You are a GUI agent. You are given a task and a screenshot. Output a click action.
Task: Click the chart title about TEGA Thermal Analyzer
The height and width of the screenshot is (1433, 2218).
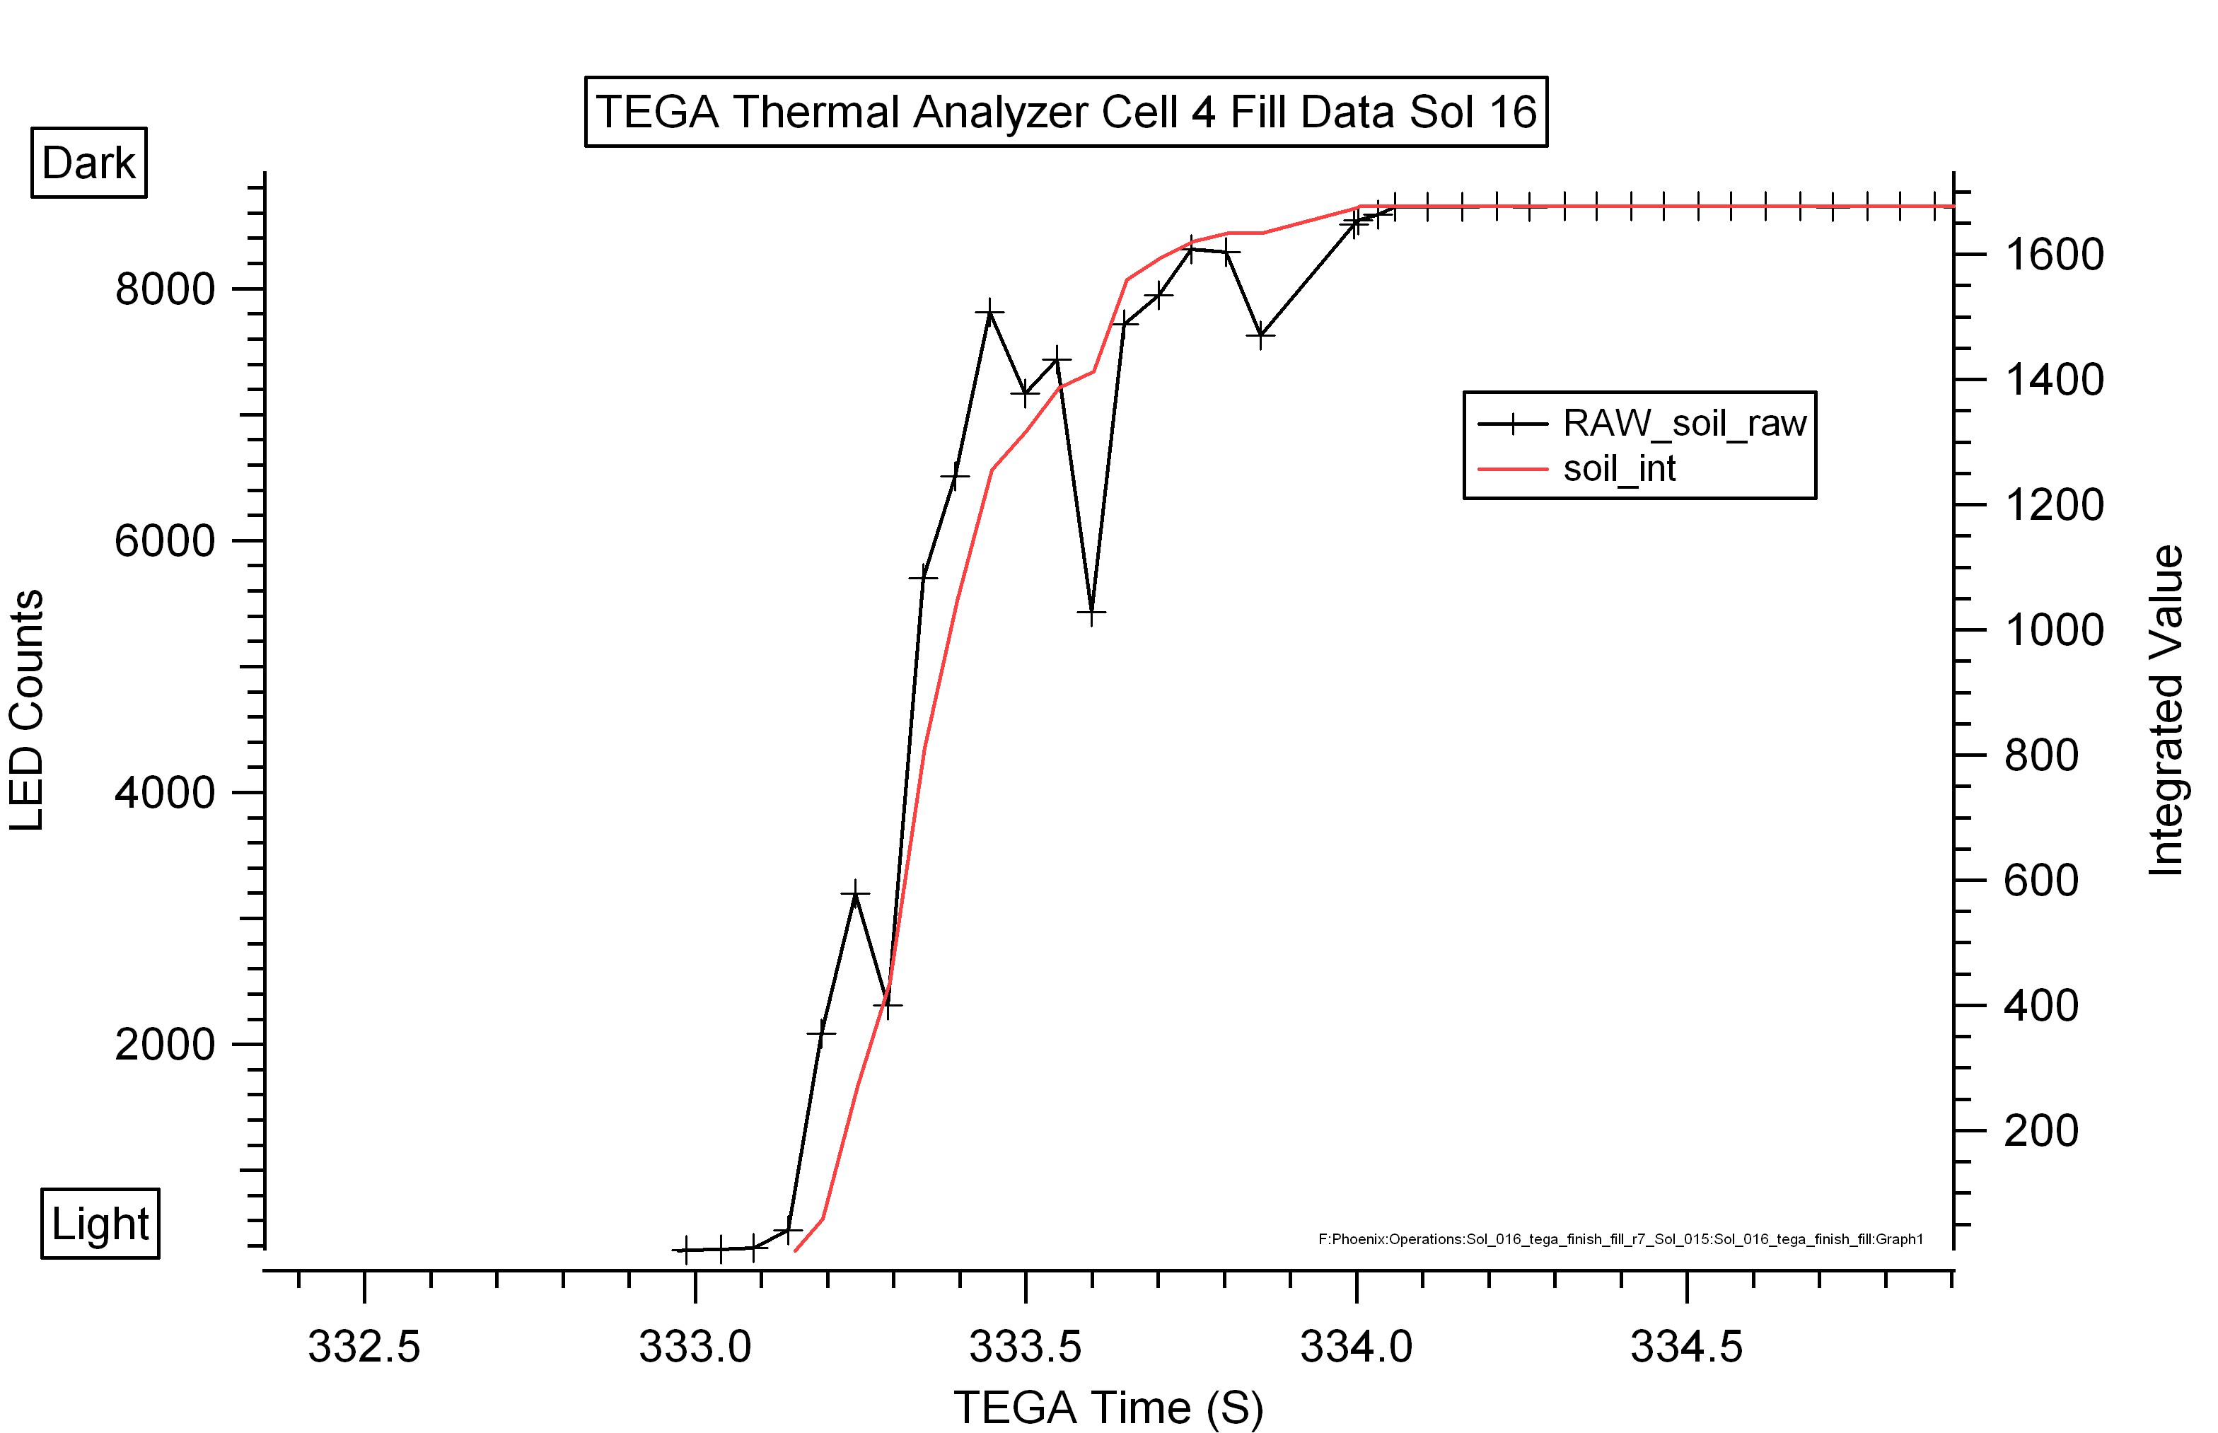(1066, 112)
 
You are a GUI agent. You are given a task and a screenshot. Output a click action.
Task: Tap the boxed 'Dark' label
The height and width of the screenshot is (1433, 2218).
(89, 163)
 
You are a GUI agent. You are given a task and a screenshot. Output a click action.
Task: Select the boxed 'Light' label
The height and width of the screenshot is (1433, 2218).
(100, 1224)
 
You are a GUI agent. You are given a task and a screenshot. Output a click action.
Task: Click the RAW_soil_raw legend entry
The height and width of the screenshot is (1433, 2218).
(1642, 424)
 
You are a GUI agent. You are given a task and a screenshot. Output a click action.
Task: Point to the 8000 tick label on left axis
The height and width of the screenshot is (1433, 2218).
(165, 289)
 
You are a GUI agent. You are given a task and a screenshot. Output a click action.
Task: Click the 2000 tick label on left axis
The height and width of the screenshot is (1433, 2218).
(165, 1044)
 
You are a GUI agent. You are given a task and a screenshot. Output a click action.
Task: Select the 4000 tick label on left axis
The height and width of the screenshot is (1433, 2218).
(165, 793)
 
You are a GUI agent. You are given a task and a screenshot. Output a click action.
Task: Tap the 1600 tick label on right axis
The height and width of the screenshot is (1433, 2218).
(2054, 255)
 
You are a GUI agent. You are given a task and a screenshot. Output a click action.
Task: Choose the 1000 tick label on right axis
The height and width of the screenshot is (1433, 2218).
(2054, 631)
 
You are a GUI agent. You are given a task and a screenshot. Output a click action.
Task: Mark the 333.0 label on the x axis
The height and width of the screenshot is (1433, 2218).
(695, 1347)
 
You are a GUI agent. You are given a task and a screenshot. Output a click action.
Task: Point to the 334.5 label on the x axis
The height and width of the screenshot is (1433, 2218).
(1687, 1347)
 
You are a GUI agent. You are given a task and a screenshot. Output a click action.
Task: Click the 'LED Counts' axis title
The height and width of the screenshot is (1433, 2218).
(27, 710)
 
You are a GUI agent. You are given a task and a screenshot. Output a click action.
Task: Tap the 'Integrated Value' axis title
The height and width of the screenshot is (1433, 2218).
(2166, 711)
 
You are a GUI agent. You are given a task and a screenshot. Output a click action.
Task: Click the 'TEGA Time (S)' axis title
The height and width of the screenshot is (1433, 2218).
(1108, 1407)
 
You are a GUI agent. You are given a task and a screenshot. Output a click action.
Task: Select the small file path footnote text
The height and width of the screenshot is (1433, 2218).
(1620, 1239)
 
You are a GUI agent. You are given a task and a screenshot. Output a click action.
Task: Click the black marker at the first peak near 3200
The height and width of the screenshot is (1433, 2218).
(855, 893)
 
